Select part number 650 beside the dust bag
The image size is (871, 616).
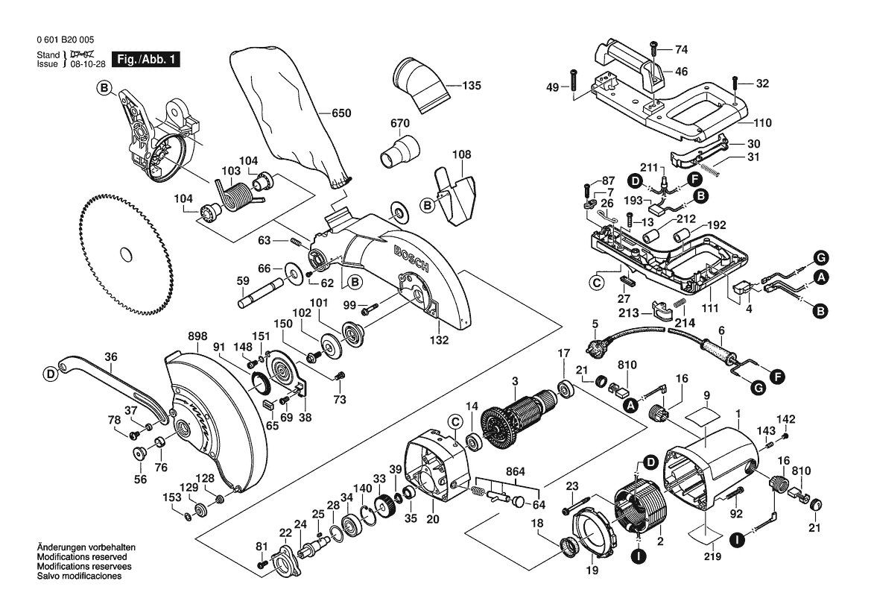(341, 113)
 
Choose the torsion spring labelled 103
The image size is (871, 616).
(238, 198)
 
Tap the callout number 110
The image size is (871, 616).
(761, 123)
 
